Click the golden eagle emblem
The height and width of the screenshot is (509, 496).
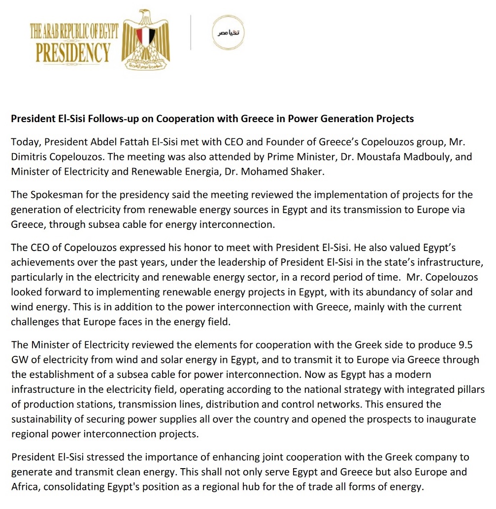(145, 39)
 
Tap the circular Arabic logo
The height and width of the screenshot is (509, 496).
(227, 32)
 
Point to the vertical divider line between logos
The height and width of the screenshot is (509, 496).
(191, 32)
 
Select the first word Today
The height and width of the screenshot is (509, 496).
(26, 142)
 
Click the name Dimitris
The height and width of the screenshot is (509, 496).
(30, 157)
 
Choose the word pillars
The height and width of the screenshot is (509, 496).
(468, 389)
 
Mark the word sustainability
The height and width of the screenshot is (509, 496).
(42, 419)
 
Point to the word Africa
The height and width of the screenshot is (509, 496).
(25, 487)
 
